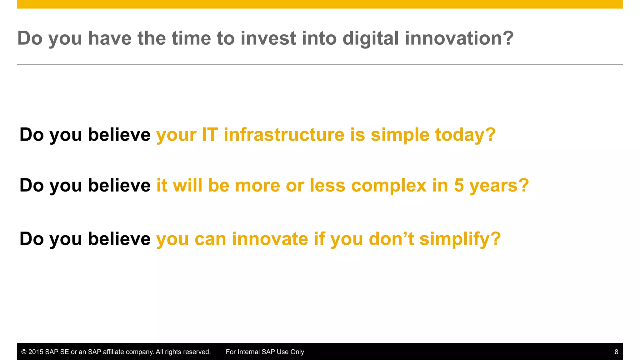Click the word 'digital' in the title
click(371, 38)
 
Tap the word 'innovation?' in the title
click(459, 38)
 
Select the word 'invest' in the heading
click(268, 38)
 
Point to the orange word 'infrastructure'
click(284, 135)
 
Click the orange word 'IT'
click(210, 135)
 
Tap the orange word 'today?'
click(465, 135)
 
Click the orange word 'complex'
click(389, 186)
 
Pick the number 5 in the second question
click(459, 185)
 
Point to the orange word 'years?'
click(499, 186)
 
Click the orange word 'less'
click(327, 185)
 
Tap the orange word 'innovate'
click(270, 239)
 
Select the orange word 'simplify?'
click(460, 240)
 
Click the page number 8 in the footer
click(616, 352)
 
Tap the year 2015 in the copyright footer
click(36, 352)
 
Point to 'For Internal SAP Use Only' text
click(265, 352)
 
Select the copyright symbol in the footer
click(24, 352)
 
